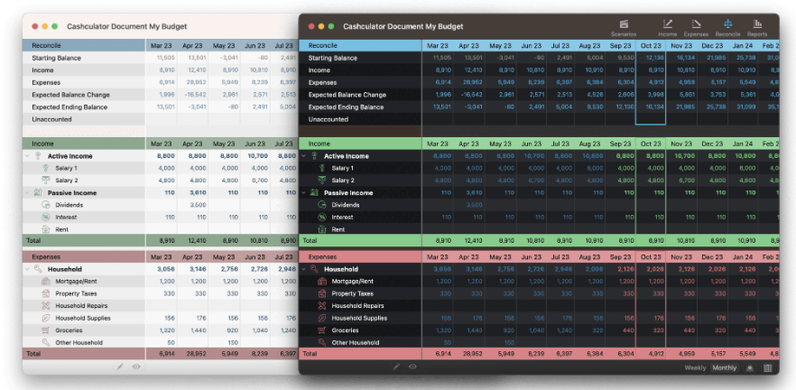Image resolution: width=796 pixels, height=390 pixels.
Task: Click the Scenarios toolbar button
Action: pos(623,27)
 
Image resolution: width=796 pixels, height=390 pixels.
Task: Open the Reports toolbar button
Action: pos(757,27)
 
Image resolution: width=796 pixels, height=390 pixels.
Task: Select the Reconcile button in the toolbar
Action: pos(727,27)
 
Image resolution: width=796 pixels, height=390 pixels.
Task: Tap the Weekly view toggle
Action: pos(696,367)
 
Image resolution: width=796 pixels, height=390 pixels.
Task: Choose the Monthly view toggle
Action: pos(724,367)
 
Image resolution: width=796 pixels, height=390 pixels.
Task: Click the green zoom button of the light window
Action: pos(55,26)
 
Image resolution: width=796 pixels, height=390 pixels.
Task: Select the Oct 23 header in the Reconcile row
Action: pos(651,45)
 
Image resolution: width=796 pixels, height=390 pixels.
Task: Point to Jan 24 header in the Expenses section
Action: pos(743,256)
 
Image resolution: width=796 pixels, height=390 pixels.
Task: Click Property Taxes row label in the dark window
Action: pos(352,293)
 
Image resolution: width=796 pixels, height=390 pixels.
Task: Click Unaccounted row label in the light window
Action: pos(51,119)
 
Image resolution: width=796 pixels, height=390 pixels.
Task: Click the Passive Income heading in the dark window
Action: pos(348,192)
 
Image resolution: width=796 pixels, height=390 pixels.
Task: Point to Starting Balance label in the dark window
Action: pos(333,58)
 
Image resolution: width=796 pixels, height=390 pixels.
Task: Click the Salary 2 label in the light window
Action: pos(66,181)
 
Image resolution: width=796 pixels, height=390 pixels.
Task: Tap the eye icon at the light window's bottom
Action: pos(136,367)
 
